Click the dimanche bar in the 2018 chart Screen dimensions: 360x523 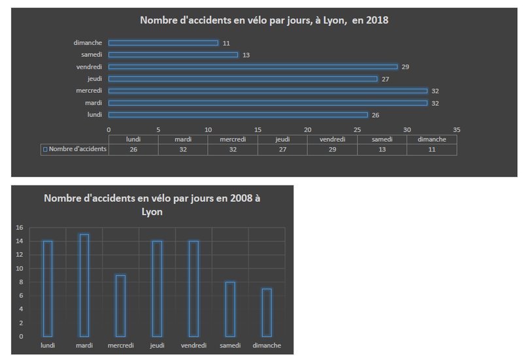(163, 43)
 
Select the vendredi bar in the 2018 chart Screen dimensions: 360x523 (253, 67)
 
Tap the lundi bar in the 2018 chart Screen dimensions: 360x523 (238, 114)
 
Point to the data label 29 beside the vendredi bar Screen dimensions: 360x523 (406, 67)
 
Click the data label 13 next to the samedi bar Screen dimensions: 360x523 (246, 55)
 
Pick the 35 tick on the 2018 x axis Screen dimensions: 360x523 (456, 129)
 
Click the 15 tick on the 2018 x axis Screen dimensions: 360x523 (258, 129)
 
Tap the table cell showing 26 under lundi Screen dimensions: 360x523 (133, 149)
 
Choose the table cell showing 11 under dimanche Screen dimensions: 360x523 (431, 149)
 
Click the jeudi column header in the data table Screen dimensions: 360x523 (282, 139)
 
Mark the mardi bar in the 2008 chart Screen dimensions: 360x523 (84, 285)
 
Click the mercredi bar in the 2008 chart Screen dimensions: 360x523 (120, 306)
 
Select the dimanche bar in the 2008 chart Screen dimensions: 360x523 (267, 312)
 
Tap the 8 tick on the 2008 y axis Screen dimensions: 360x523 (20, 282)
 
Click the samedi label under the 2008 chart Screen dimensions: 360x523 (229, 346)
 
